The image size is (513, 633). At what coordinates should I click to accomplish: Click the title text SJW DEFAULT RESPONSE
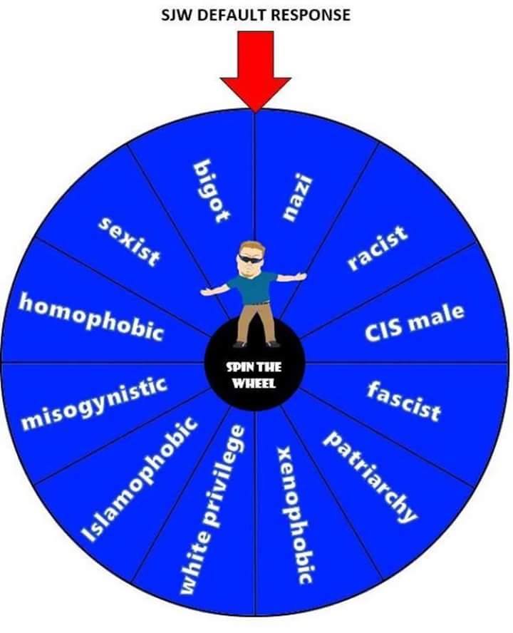point(256,14)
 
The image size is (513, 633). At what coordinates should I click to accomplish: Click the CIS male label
point(415,321)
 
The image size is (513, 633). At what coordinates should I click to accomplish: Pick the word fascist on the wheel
point(404,401)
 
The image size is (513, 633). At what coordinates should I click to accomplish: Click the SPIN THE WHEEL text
point(254,375)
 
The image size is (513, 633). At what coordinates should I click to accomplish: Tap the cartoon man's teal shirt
point(254,288)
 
